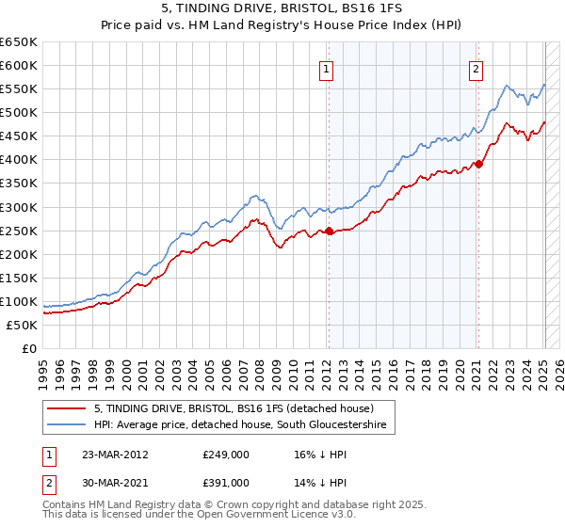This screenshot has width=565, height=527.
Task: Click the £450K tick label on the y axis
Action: (18, 136)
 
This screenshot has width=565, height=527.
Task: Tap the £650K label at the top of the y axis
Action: (18, 42)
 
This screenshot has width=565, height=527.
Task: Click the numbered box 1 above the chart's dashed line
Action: (326, 68)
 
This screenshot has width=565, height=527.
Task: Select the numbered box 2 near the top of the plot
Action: (476, 68)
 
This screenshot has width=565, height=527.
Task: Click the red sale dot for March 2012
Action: (329, 232)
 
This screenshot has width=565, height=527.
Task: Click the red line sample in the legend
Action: (66, 408)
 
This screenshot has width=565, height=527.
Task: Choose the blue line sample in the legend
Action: (66, 425)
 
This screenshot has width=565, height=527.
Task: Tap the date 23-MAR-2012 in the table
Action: (115, 455)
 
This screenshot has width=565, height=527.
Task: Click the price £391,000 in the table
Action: (226, 482)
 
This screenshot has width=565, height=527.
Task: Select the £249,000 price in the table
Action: (226, 455)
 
